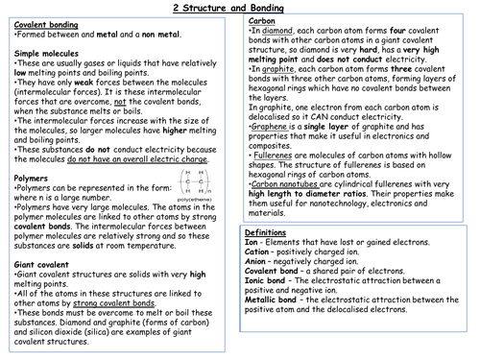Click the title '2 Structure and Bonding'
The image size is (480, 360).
click(239, 8)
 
